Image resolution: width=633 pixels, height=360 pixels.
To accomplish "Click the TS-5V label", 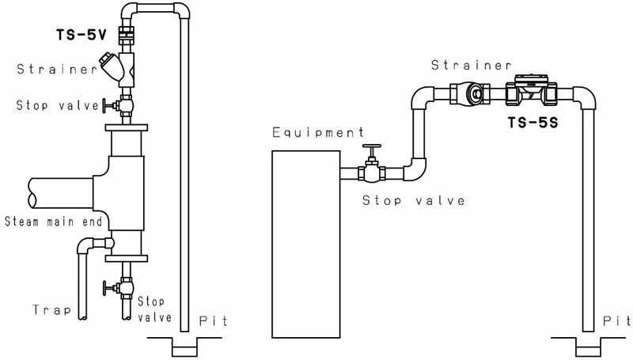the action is click(x=81, y=35).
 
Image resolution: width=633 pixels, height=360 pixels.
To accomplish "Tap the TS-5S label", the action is click(x=533, y=123).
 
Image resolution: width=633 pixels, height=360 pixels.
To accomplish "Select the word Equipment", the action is click(x=318, y=133).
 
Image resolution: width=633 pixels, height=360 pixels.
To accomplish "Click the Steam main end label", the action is click(x=53, y=222).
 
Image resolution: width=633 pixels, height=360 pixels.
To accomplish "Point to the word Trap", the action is click(x=51, y=310).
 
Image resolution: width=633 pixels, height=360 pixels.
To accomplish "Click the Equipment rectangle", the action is click(x=305, y=244).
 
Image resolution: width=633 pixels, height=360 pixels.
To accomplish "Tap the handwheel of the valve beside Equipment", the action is click(x=372, y=146).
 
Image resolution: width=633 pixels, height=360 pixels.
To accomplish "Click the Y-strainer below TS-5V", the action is click(x=118, y=69).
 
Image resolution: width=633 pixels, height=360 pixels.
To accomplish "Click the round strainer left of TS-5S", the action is click(x=470, y=94).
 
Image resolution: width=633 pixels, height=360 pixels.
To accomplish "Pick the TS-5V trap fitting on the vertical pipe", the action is click(x=127, y=35).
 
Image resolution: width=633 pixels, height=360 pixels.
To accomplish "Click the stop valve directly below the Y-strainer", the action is click(x=118, y=106).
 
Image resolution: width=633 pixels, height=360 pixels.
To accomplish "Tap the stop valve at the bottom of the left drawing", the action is click(x=118, y=287).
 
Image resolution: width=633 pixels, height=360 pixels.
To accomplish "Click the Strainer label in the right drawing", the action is click(x=471, y=65).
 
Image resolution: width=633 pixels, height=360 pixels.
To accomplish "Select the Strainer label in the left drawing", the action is click(x=56, y=69).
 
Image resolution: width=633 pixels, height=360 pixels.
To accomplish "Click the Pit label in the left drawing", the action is click(x=214, y=321).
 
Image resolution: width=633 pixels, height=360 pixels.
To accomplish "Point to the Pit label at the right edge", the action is click(x=617, y=321).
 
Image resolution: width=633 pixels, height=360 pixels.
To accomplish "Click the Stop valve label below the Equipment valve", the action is click(x=413, y=201).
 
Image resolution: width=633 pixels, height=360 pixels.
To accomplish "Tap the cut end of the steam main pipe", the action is click(x=32, y=193).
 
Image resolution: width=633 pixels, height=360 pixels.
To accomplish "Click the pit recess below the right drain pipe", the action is click(x=588, y=347).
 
